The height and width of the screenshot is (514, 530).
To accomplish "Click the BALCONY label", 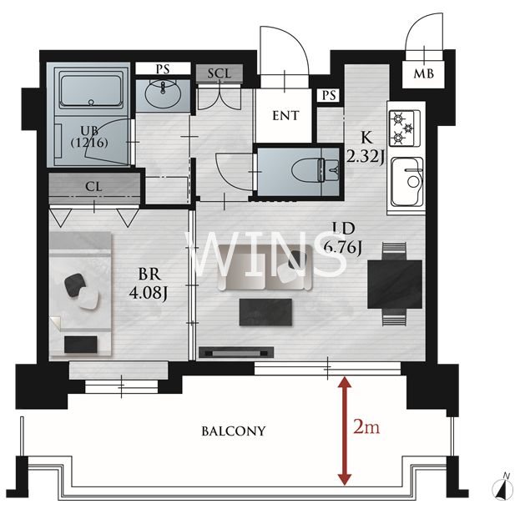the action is point(233,431).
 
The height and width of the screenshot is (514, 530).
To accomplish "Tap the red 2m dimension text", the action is point(366,427).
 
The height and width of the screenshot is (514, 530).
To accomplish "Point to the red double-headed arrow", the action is point(345,431).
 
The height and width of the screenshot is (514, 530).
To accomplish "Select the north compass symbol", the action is point(502,487).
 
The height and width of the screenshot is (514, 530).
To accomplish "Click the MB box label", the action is point(423,73).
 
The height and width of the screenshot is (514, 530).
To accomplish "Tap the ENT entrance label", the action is point(285,116).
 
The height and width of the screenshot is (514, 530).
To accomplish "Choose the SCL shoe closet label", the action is point(220,73).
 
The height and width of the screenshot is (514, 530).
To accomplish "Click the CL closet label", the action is point(93,187).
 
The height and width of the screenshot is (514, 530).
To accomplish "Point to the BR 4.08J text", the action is point(148,284).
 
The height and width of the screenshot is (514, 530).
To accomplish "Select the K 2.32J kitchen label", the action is point(366,148).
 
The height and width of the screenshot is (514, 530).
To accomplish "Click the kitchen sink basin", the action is point(406,182).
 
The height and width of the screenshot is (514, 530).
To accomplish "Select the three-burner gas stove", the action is point(405,128).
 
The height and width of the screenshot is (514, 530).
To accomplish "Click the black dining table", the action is point(395,285).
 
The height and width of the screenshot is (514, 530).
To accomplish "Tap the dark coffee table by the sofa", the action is point(265,312).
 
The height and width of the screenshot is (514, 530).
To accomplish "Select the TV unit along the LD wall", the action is point(236,352).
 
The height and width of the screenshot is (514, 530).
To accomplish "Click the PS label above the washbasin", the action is point(163,68).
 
